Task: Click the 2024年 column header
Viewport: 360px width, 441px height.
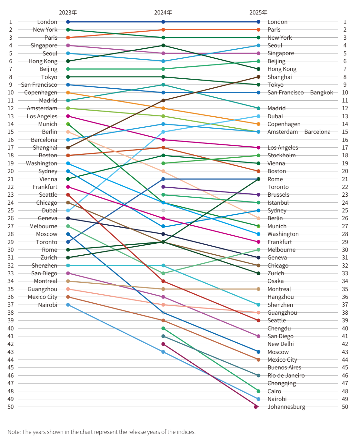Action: pos(163,13)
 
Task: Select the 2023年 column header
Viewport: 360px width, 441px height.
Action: pos(68,13)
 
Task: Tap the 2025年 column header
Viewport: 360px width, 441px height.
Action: pos(258,13)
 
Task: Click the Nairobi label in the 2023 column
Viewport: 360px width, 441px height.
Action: pos(48,305)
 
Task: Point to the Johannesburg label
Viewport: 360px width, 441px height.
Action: pos(286,407)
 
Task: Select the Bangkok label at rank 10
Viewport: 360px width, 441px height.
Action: pos(321,93)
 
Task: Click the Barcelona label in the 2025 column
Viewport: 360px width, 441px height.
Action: pos(317,132)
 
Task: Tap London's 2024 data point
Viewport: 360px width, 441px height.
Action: pos(163,22)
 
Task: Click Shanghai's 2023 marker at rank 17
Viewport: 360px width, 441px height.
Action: pos(68,148)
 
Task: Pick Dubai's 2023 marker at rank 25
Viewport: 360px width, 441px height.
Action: pos(68,211)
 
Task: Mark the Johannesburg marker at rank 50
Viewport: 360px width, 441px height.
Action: pos(256,407)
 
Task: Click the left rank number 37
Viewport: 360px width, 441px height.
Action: pos(11,305)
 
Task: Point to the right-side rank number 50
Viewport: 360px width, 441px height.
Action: pos(345,407)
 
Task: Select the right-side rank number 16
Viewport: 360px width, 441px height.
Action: pos(345,140)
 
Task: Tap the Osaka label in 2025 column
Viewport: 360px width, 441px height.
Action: pos(275,281)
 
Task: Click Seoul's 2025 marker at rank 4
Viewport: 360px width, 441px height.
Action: pos(258,45)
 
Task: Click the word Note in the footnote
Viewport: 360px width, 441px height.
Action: pos(14,432)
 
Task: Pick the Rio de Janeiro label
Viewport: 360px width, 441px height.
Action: pos(286,376)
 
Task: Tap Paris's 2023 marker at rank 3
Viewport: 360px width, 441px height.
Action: pos(68,38)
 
